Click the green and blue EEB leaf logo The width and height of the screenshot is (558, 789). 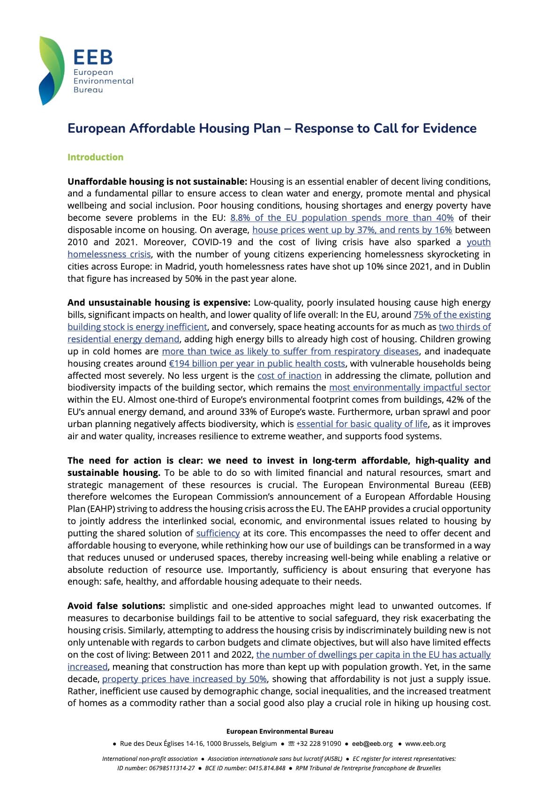pos(51,70)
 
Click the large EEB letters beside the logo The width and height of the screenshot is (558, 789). pos(93,57)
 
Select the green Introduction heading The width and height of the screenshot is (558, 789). pos(95,157)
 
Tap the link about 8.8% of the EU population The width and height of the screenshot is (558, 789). pos(342,218)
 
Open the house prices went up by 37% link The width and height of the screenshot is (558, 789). pos(352,230)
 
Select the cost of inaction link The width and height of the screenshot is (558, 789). pos(289,376)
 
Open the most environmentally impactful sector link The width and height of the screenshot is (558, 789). pos(409,388)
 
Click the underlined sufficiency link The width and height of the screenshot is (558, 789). pos(218,533)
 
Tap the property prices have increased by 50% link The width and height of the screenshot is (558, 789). pos(184,679)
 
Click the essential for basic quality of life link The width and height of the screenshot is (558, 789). pos(362,424)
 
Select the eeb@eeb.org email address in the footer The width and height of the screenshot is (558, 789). pos(372,744)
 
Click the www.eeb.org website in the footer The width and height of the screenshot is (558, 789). pos(425,744)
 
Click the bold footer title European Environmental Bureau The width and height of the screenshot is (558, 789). pos(279,731)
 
